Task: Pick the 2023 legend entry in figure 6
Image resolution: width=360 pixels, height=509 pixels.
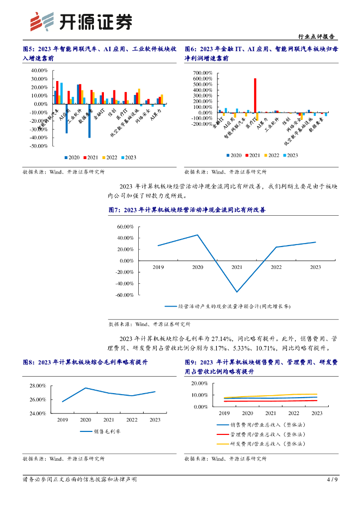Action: click(x=289, y=156)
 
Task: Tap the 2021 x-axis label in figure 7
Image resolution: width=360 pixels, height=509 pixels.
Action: click(x=237, y=267)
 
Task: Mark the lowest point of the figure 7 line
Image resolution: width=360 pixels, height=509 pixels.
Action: click(x=237, y=292)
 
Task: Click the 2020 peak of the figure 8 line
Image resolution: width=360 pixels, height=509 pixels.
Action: click(x=86, y=388)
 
